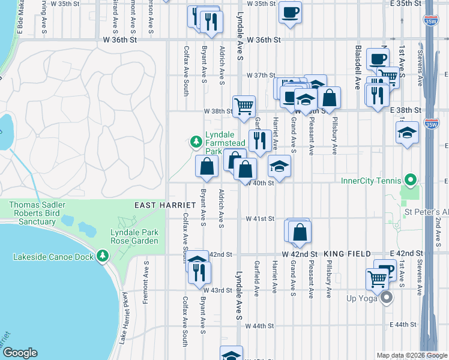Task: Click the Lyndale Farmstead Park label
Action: pos(225,143)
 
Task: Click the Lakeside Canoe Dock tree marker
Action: pos(103,257)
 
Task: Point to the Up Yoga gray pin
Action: pos(387,297)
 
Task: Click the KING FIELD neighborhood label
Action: pos(344,254)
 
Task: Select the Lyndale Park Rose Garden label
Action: pos(134,236)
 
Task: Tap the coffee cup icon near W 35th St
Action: pos(290,13)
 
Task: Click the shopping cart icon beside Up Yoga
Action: pos(377,278)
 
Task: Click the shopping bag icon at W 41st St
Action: pos(300,232)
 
